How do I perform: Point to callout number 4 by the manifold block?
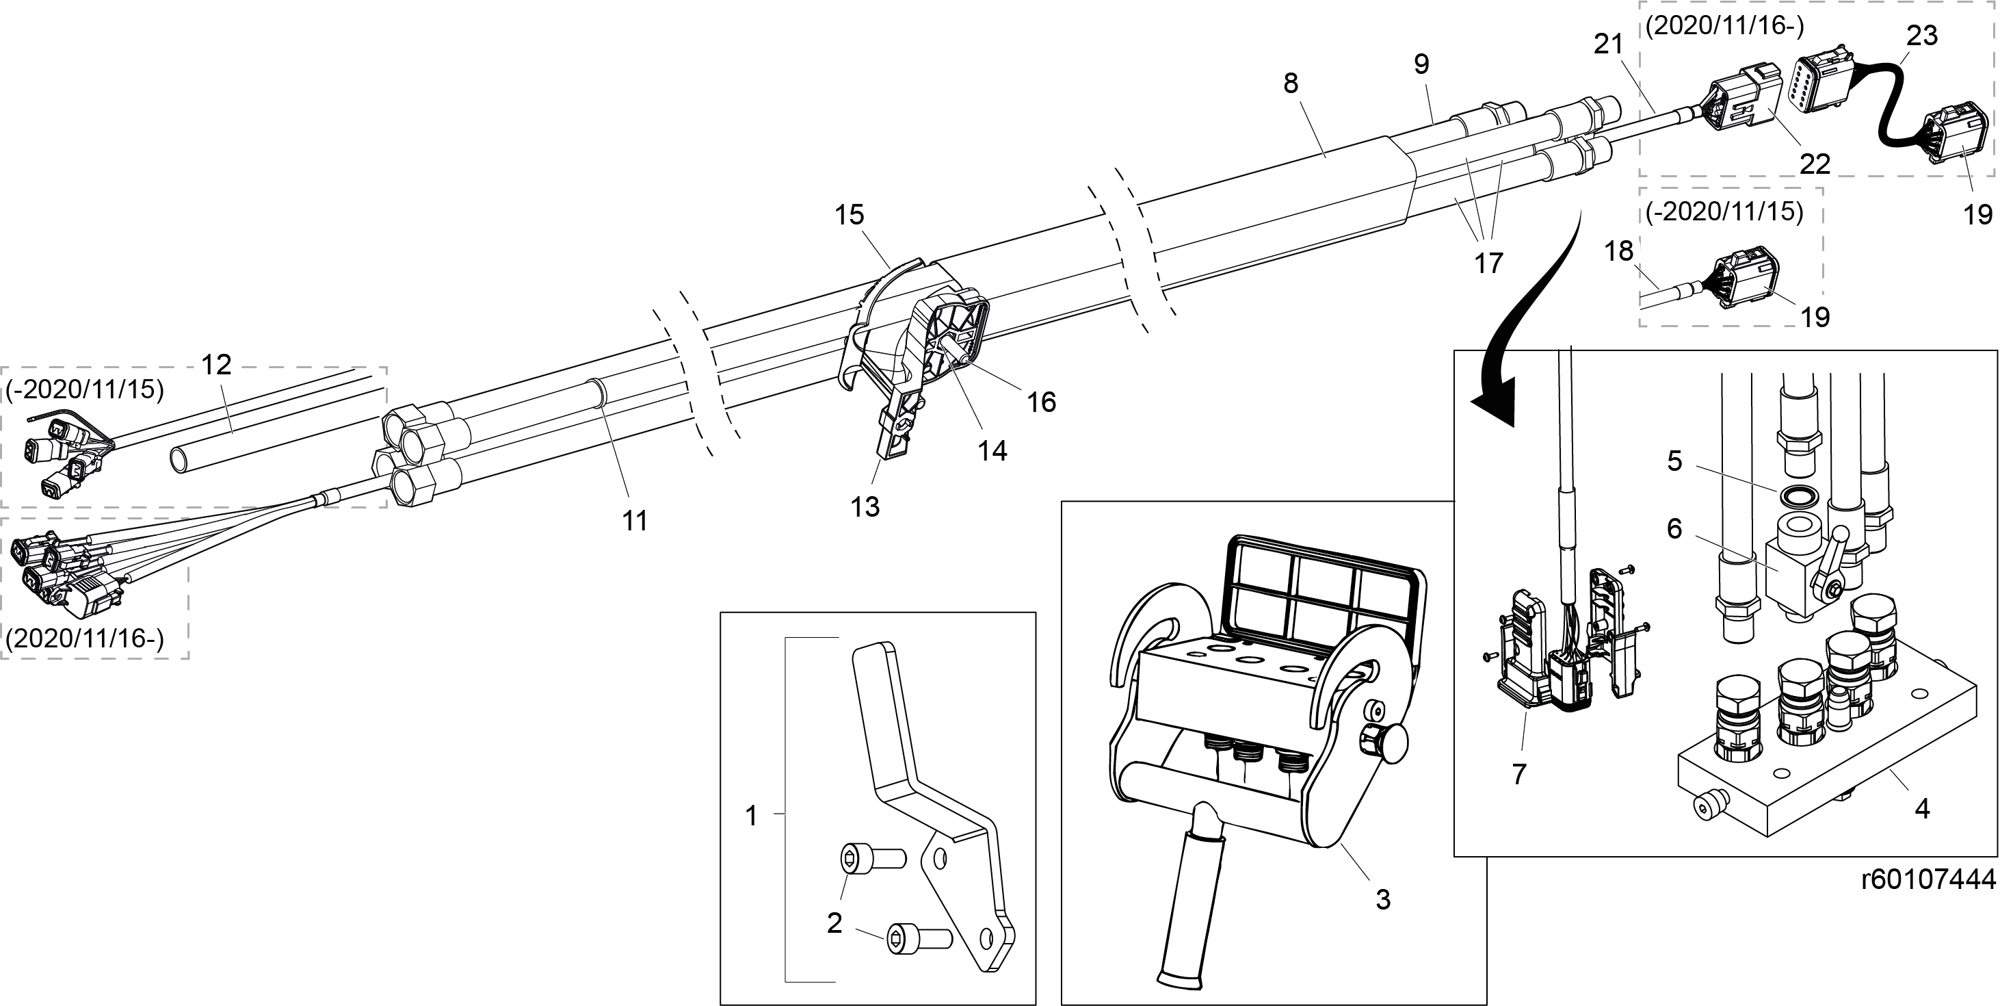[1922, 809]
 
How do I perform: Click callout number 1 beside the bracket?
[751, 816]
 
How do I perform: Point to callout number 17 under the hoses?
[1488, 263]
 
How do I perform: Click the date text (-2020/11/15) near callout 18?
[1724, 212]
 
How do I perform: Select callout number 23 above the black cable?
[1922, 36]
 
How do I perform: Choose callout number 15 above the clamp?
[850, 214]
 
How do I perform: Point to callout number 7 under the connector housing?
[1518, 774]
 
